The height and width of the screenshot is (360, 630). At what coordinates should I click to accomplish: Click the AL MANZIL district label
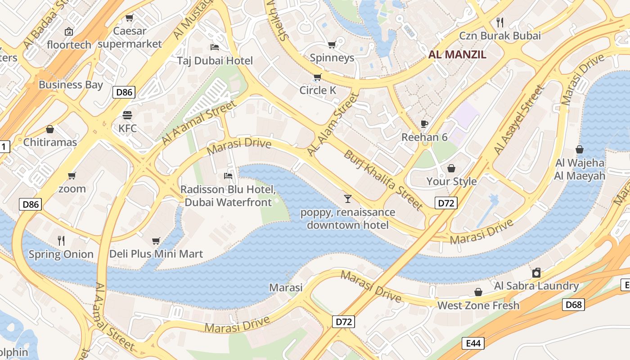[x=457, y=55]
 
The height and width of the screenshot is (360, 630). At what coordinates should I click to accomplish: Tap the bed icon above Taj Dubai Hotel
[x=215, y=47]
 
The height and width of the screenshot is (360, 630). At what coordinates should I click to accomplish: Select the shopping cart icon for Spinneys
[x=332, y=45]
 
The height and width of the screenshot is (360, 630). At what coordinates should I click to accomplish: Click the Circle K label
[x=318, y=90]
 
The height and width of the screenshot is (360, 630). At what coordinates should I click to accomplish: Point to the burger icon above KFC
[x=127, y=115]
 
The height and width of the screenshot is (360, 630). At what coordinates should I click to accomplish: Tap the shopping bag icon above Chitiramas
[x=50, y=129]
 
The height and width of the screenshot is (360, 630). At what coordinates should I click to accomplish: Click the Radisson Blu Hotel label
[x=228, y=195]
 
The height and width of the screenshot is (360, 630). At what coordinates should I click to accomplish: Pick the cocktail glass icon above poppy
[x=347, y=198]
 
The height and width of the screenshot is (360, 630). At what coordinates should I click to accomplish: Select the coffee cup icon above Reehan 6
[x=424, y=124]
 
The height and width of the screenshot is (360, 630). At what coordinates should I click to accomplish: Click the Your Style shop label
[x=451, y=181]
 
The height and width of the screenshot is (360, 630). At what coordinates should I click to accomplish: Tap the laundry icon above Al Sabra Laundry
[x=536, y=272]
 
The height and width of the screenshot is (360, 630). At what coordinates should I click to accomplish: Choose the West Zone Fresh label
[x=478, y=305]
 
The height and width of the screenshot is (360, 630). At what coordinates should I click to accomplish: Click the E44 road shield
[x=473, y=343]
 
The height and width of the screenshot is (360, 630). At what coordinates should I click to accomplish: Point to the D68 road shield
[x=574, y=305]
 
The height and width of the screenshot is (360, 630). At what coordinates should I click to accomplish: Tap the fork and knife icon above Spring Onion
[x=61, y=241]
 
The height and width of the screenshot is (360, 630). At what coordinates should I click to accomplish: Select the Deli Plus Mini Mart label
[x=156, y=254]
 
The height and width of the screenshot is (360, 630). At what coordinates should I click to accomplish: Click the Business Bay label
[x=71, y=85]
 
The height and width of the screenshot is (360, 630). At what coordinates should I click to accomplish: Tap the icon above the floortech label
[x=69, y=31]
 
